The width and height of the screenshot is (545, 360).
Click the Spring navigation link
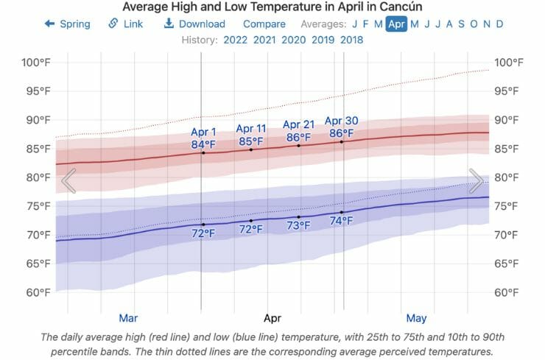(68, 24)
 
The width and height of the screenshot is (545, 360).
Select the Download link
(194, 24)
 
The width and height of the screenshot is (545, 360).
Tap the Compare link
(264, 24)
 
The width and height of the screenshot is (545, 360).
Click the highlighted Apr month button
(396, 24)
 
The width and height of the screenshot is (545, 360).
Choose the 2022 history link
(235, 40)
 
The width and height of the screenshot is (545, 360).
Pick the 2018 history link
(351, 40)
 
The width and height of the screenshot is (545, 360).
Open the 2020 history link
(293, 40)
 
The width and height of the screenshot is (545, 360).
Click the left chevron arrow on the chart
(68, 180)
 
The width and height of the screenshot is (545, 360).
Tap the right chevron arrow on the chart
(476, 180)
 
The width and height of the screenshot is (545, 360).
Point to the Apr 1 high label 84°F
(203, 144)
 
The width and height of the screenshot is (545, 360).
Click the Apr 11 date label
(251, 130)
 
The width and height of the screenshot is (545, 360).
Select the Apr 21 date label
(298, 125)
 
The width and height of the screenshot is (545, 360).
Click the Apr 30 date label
(341, 121)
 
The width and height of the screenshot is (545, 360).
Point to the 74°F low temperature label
(341, 221)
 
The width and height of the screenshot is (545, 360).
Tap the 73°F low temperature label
(298, 225)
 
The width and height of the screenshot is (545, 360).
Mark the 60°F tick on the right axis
(510, 292)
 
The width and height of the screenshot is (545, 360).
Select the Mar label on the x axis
(128, 318)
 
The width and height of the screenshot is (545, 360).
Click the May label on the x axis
(416, 318)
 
